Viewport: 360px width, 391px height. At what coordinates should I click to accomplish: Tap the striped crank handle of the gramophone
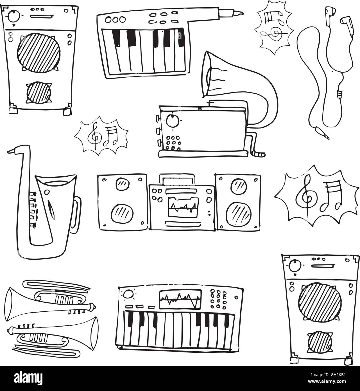[259, 154]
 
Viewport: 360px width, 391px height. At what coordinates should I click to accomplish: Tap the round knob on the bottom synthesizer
[128, 295]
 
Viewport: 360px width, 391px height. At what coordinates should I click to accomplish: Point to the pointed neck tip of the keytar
[239, 13]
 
